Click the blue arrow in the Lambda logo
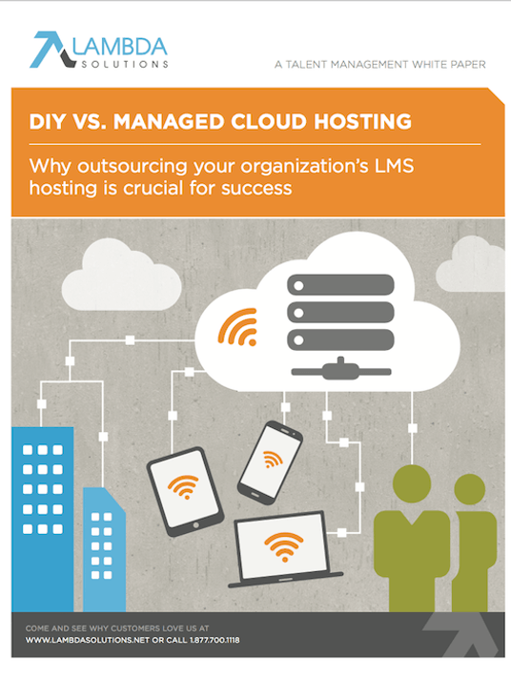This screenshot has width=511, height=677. (48, 48)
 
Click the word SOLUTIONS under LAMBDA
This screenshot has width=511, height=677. (125, 64)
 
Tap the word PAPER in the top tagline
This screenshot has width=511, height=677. (468, 65)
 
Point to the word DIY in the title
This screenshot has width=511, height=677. (48, 121)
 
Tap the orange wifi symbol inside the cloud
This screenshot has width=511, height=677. (238, 327)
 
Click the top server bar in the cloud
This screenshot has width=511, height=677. (340, 285)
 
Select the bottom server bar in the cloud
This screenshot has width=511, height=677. (340, 339)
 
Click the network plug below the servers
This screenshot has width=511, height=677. (341, 370)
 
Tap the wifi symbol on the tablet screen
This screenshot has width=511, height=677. (183, 486)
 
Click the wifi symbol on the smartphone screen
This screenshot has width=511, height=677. (272, 459)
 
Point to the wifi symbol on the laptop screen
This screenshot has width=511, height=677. (283, 546)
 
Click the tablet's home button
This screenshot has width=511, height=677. (196, 525)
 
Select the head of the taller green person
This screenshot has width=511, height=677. (412, 483)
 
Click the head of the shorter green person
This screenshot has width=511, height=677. (470, 489)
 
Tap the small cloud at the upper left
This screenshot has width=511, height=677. (122, 276)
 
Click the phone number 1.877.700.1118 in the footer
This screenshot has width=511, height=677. (215, 640)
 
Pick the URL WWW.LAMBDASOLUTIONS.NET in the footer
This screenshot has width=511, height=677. (88, 640)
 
